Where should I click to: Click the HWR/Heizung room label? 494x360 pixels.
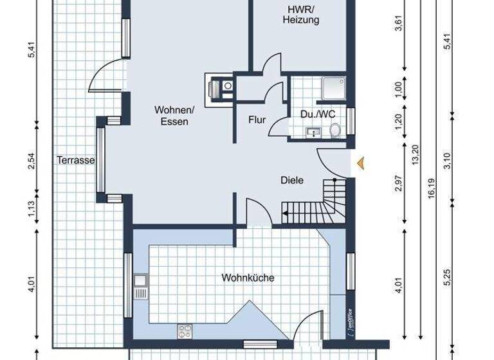pyautogui.click(x=301, y=14)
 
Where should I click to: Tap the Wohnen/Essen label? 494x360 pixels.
pyautogui.click(x=171, y=116)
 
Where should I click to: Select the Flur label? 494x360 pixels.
pyautogui.click(x=257, y=120)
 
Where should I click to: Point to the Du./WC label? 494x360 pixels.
pyautogui.click(x=318, y=114)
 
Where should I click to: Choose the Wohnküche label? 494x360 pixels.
pyautogui.click(x=248, y=278)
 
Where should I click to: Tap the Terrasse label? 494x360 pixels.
pyautogui.click(x=75, y=160)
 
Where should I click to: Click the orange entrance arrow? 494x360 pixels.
pyautogui.click(x=362, y=163)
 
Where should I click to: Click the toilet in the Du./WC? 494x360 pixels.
pyautogui.click(x=335, y=130)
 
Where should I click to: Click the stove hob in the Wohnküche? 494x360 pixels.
pyautogui.click(x=186, y=332)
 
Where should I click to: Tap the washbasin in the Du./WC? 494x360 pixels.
pyautogui.click(x=314, y=133)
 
